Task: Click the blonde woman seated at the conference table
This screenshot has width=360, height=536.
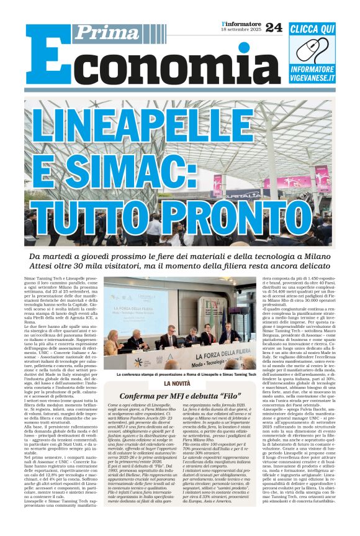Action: click(114, 342)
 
